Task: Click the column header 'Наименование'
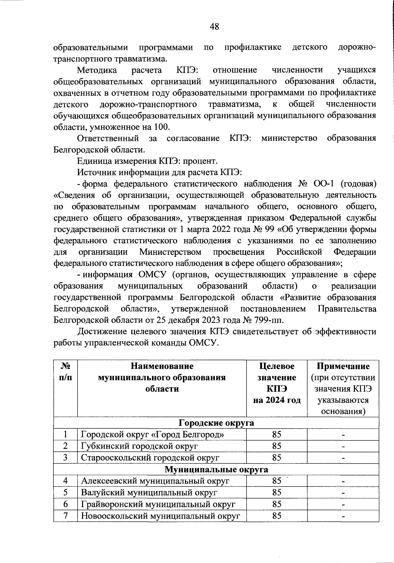162,366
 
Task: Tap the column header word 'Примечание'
343,366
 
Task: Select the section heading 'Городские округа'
216,423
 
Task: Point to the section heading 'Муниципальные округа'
216,469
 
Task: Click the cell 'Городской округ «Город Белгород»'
153,435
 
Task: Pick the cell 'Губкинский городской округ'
140,446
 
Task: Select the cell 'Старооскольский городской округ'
150,458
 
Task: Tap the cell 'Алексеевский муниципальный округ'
155,481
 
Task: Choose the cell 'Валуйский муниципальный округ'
149,492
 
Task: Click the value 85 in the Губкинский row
276,446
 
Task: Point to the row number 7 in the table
66,516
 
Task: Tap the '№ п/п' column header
66,372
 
